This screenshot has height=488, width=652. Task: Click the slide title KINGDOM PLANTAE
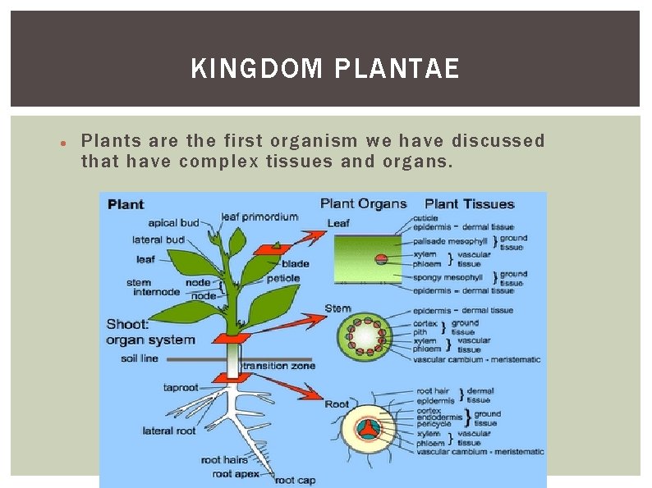[325, 68]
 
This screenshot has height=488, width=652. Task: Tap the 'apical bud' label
[173, 223]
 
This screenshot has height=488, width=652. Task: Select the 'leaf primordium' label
[259, 217]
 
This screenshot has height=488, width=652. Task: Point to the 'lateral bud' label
[158, 239]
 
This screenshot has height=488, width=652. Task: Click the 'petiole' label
[282, 278]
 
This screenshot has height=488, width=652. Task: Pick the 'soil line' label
[140, 358]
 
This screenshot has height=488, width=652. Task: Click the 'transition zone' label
[279, 366]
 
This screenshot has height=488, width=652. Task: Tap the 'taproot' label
[181, 387]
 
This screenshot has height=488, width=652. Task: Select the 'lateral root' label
[169, 431]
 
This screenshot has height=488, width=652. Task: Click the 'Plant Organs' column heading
[363, 203]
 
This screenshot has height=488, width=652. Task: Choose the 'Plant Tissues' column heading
[469, 204]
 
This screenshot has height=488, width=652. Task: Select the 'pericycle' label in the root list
[436, 424]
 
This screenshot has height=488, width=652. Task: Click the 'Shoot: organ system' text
[150, 332]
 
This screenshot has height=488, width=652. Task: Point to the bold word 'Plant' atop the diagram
[126, 204]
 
